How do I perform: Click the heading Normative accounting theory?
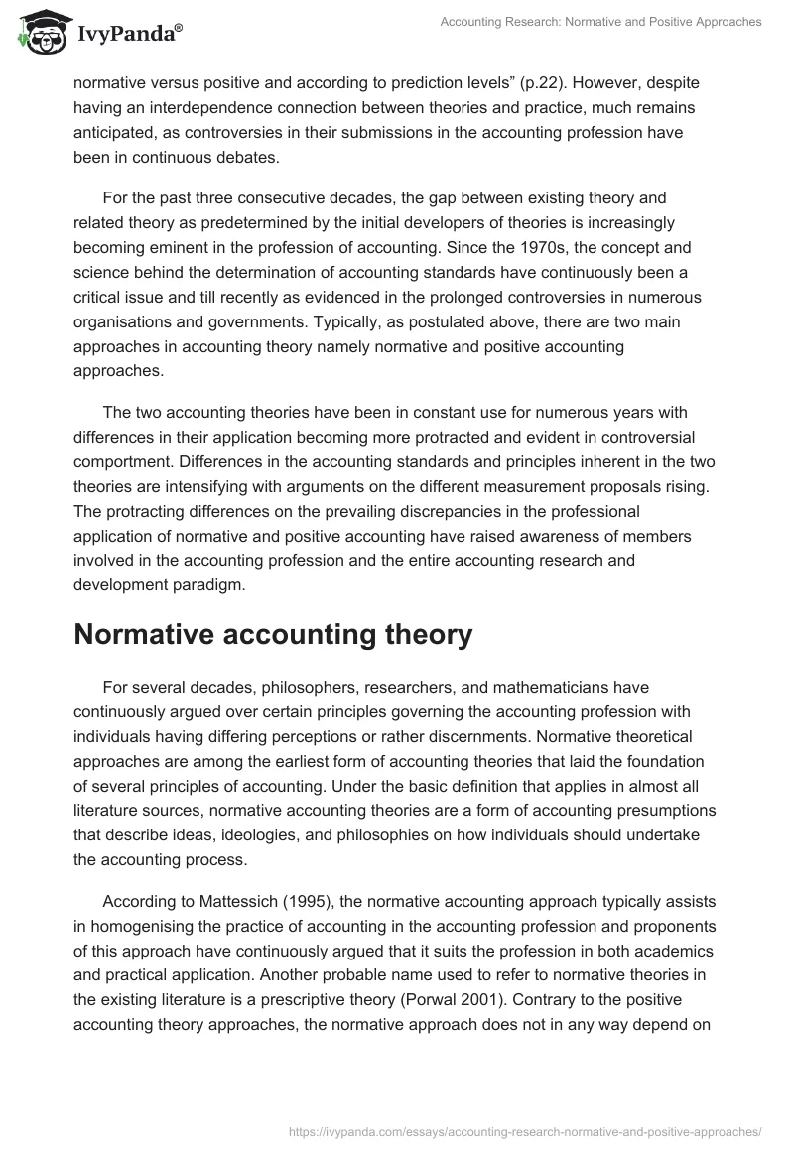click(273, 635)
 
